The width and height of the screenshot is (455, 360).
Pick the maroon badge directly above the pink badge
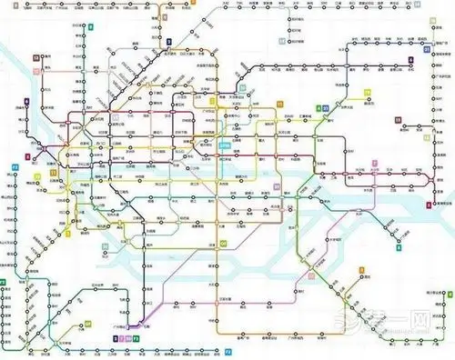pos(35,58)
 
